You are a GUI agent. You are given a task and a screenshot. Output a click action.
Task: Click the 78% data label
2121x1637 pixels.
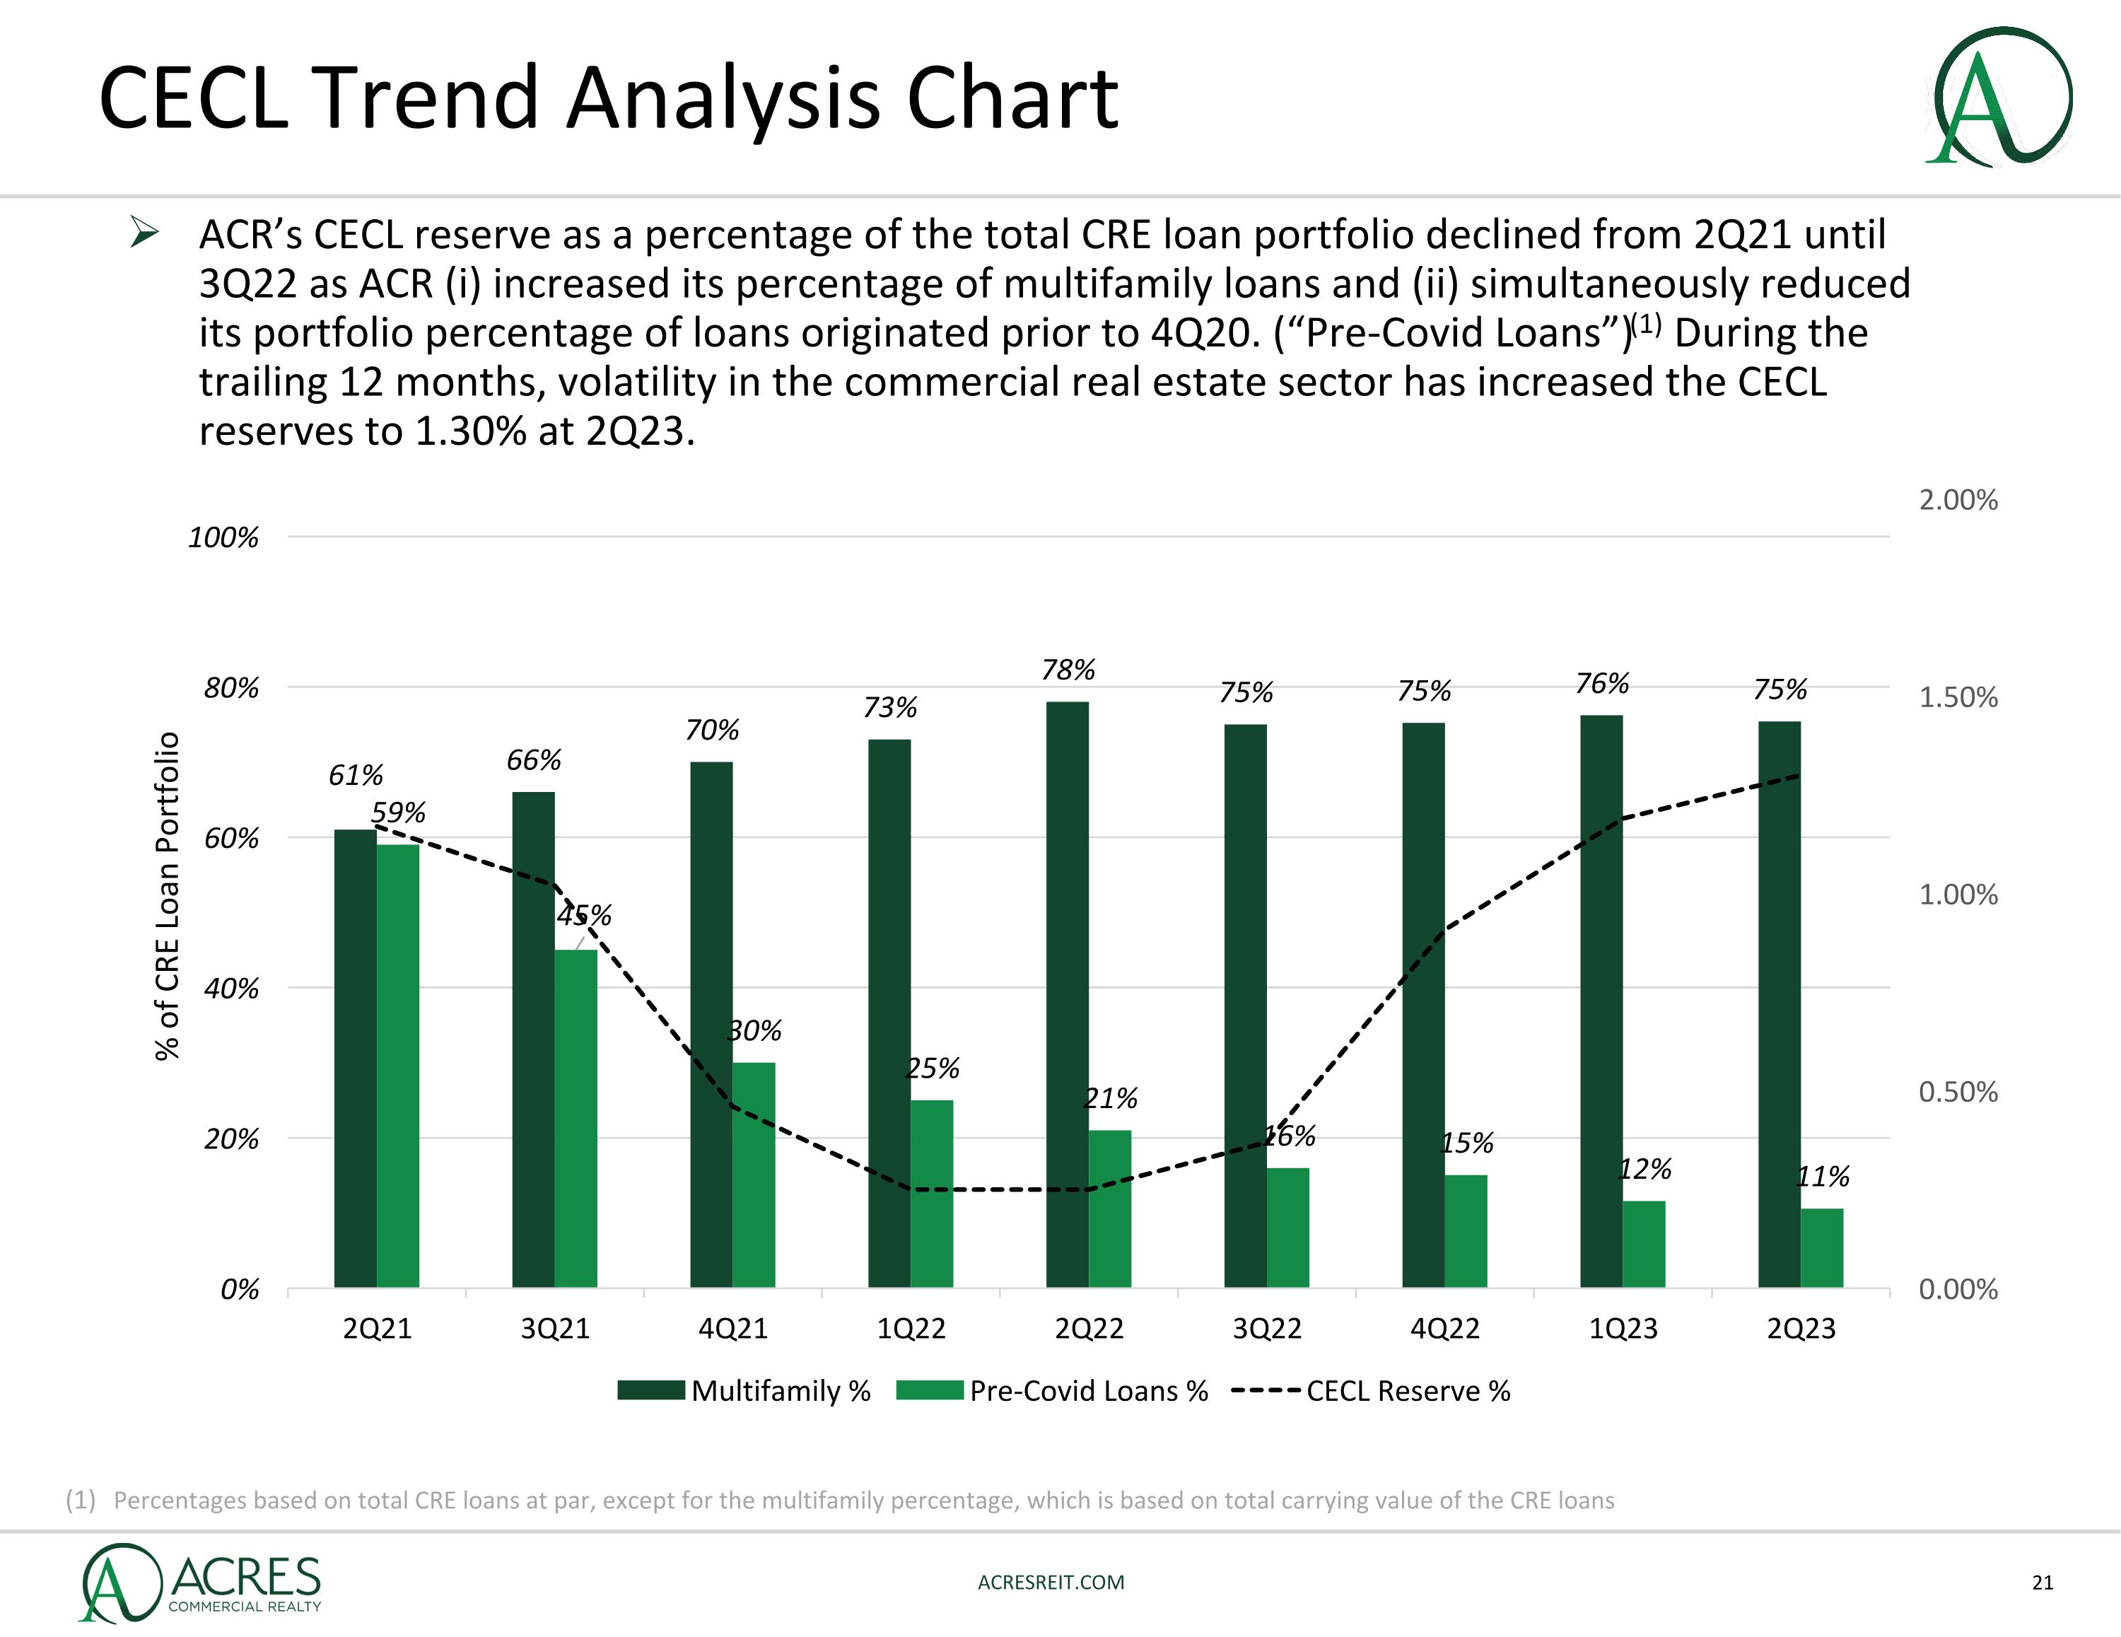(x=1068, y=670)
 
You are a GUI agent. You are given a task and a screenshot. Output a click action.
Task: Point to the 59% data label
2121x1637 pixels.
(x=398, y=812)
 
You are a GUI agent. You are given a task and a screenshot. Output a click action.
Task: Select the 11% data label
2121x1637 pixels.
(x=1823, y=1177)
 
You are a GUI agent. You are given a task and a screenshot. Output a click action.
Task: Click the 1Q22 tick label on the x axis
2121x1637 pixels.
(x=911, y=1328)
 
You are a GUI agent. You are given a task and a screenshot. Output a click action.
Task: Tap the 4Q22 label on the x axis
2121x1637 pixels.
(x=1445, y=1328)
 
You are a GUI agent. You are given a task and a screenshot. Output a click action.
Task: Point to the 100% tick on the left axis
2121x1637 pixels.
(x=223, y=537)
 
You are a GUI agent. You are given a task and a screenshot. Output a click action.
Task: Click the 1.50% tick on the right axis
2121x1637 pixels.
(x=1958, y=697)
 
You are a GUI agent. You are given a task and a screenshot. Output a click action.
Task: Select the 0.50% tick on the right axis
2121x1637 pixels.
(x=1958, y=1092)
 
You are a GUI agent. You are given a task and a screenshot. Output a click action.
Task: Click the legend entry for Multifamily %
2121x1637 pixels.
(x=745, y=1391)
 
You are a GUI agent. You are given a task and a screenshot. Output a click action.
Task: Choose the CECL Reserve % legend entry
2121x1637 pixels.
(x=1372, y=1391)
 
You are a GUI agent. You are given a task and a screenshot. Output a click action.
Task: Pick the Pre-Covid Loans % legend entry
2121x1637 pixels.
(x=1053, y=1391)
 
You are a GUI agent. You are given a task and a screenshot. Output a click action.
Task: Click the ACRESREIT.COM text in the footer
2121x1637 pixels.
(x=1051, y=1582)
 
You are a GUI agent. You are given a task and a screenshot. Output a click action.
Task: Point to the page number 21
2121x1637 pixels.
(x=2043, y=1583)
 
